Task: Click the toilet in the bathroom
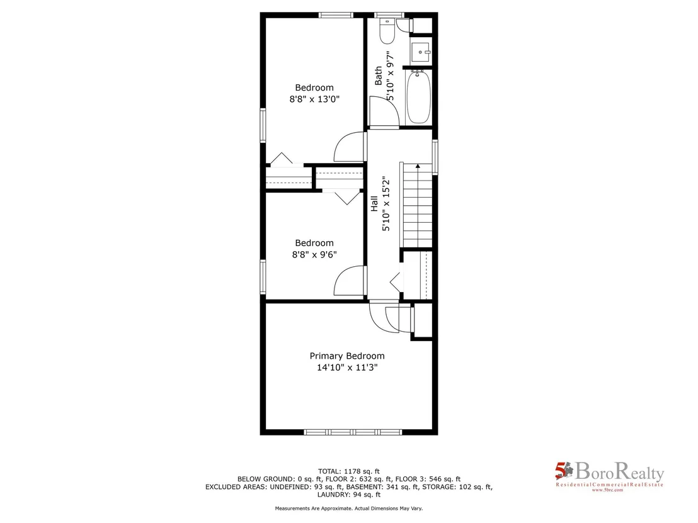pyautogui.click(x=387, y=31)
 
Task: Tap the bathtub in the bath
pyautogui.click(x=418, y=97)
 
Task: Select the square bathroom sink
pyautogui.click(x=420, y=52)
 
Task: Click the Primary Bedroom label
pyautogui.click(x=347, y=356)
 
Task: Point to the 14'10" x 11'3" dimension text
pyautogui.click(x=347, y=368)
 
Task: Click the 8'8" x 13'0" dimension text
pyautogui.click(x=314, y=99)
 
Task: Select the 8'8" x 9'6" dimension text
pyautogui.click(x=314, y=254)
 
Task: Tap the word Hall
pyautogui.click(x=374, y=204)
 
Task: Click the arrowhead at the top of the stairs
pyautogui.click(x=418, y=166)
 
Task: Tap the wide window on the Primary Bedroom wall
pyautogui.click(x=353, y=432)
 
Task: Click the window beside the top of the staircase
pyautogui.click(x=435, y=157)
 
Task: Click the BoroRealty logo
pyautogui.click(x=609, y=476)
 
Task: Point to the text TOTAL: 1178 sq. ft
pyautogui.click(x=348, y=471)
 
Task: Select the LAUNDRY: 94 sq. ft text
pyautogui.click(x=348, y=494)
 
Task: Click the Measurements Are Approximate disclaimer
pyautogui.click(x=348, y=508)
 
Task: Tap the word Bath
pyautogui.click(x=379, y=76)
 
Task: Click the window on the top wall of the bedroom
pyautogui.click(x=336, y=15)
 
